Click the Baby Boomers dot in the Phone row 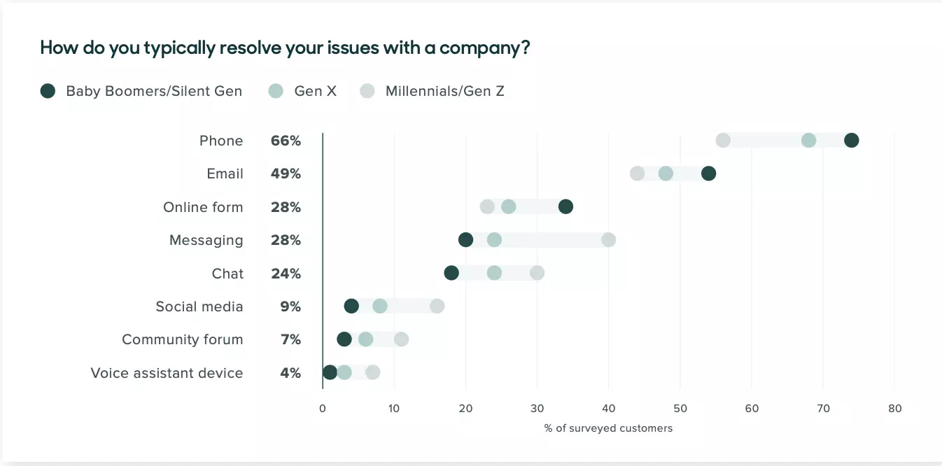tap(851, 141)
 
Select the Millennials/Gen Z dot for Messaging tap(608, 240)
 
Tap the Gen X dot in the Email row tap(666, 174)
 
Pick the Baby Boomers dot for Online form tap(565, 206)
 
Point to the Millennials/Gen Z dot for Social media tap(437, 306)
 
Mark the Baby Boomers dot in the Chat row tap(451, 273)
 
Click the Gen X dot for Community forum tap(365, 339)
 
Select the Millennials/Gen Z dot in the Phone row tap(723, 141)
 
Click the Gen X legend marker tap(276, 91)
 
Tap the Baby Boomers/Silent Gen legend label tap(154, 91)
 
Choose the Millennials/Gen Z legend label tap(444, 91)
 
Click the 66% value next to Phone tap(286, 141)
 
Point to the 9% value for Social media tap(290, 306)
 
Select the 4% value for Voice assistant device tap(290, 373)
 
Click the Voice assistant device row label tap(167, 373)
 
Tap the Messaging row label tap(206, 240)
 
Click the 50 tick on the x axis tap(680, 409)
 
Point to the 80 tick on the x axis tap(894, 409)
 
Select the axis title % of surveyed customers tap(608, 428)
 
